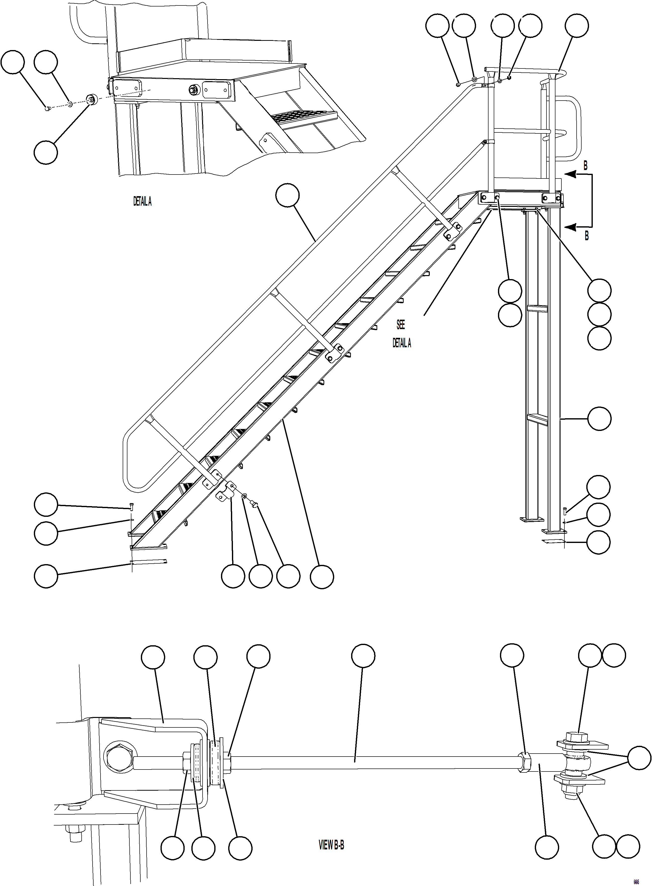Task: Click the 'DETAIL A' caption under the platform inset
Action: pos(142,202)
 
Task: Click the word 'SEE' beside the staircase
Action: pos(401,325)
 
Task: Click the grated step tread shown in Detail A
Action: pos(304,116)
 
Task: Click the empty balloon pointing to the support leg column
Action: pos(599,418)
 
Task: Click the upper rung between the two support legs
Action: pos(537,309)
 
